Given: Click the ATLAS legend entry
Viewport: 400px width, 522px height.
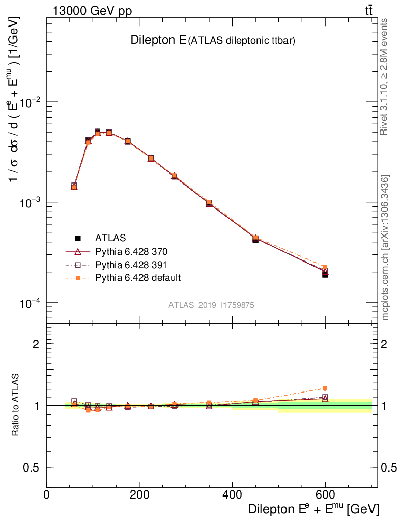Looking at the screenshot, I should point(110,238).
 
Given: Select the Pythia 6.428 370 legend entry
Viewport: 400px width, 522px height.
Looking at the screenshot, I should point(131,251).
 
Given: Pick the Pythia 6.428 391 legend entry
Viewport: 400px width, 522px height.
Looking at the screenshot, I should point(131,265).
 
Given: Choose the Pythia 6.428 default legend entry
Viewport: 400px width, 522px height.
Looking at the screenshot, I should point(138,278).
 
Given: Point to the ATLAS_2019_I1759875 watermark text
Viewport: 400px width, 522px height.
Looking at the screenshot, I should point(211,305).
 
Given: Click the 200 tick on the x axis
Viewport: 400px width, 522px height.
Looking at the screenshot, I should point(139,495).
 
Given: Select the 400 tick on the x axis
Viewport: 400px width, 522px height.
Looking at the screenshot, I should point(232,495).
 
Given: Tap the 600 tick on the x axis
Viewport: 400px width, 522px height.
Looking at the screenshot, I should point(325,495).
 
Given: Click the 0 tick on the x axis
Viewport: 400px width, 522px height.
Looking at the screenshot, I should point(47,495).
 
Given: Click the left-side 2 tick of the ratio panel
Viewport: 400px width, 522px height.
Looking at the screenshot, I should point(36,344).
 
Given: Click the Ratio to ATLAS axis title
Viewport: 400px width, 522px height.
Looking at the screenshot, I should point(16,406).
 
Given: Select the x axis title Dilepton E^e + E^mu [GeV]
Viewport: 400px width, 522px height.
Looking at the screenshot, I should point(313,509).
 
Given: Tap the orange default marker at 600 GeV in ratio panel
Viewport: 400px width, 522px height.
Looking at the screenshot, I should point(325,388).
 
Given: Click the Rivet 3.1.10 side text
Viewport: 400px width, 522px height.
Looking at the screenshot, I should point(384,76).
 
